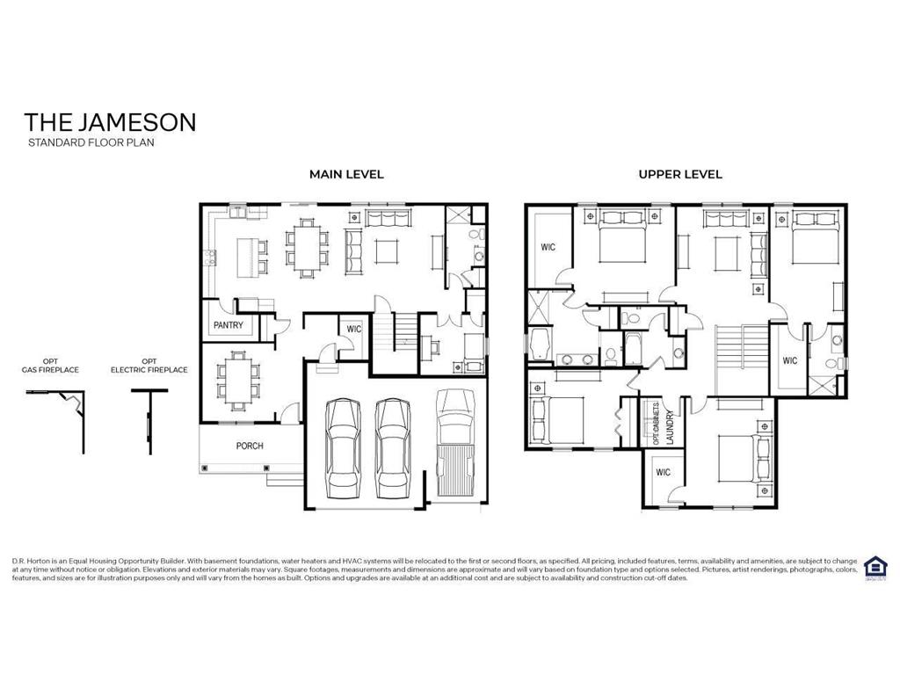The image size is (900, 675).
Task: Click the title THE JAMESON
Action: click(x=110, y=121)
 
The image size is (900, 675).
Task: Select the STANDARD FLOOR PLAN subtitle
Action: click(x=91, y=142)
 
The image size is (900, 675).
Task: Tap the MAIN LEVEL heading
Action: click(x=346, y=174)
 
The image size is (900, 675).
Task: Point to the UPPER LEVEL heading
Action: click(x=680, y=174)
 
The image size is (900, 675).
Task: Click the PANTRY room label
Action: click(x=228, y=325)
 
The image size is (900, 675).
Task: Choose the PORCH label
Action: click(x=250, y=446)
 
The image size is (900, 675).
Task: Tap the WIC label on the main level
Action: click(x=354, y=329)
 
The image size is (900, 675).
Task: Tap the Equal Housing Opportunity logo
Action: click(x=875, y=566)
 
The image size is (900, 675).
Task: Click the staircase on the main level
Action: click(x=405, y=332)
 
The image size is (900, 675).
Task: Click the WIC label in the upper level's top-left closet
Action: click(x=548, y=248)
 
